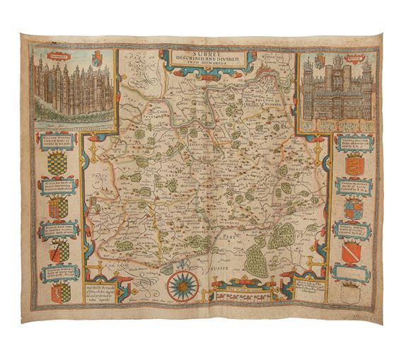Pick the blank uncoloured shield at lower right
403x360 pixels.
(351, 289)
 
